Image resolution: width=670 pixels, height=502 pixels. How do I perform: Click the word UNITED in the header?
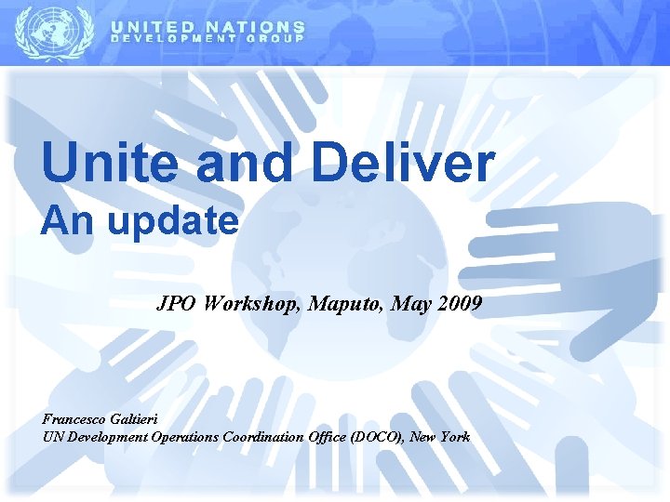(154, 28)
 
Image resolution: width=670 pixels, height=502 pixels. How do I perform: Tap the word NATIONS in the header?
(256, 28)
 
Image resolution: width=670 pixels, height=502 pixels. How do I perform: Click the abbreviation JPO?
(178, 303)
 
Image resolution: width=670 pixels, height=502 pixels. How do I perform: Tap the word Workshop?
(247, 303)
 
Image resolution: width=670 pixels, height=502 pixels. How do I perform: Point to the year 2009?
(456, 303)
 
